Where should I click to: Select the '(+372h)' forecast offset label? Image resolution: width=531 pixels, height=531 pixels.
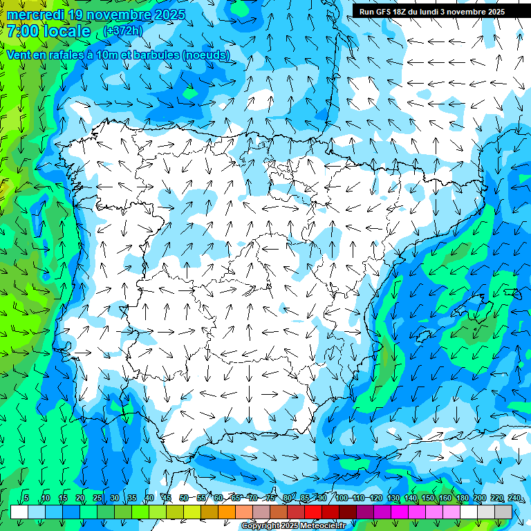point(124,32)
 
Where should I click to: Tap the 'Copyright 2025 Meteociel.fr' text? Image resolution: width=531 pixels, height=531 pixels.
point(293,526)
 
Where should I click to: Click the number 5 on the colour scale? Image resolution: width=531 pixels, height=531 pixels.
point(26,498)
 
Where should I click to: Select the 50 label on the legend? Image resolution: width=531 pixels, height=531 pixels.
point(184,498)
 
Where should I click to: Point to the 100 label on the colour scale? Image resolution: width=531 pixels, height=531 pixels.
point(342,498)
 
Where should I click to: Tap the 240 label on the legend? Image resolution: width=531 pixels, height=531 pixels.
point(514,498)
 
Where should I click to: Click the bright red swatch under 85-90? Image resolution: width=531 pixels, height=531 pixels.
point(313,512)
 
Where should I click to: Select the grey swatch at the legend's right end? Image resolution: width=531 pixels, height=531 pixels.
point(503,512)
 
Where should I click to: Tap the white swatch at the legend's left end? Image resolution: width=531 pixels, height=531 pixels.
point(19,512)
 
